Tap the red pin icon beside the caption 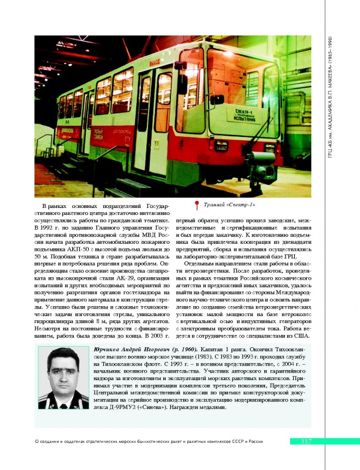[197, 205]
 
